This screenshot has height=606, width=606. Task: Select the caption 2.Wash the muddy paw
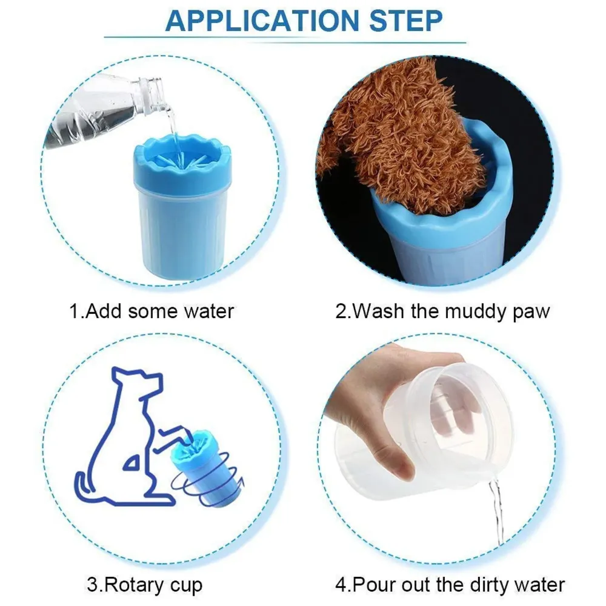click(x=443, y=311)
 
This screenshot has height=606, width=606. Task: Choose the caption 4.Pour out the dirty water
click(x=450, y=585)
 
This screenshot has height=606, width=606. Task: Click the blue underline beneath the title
click(x=303, y=41)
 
